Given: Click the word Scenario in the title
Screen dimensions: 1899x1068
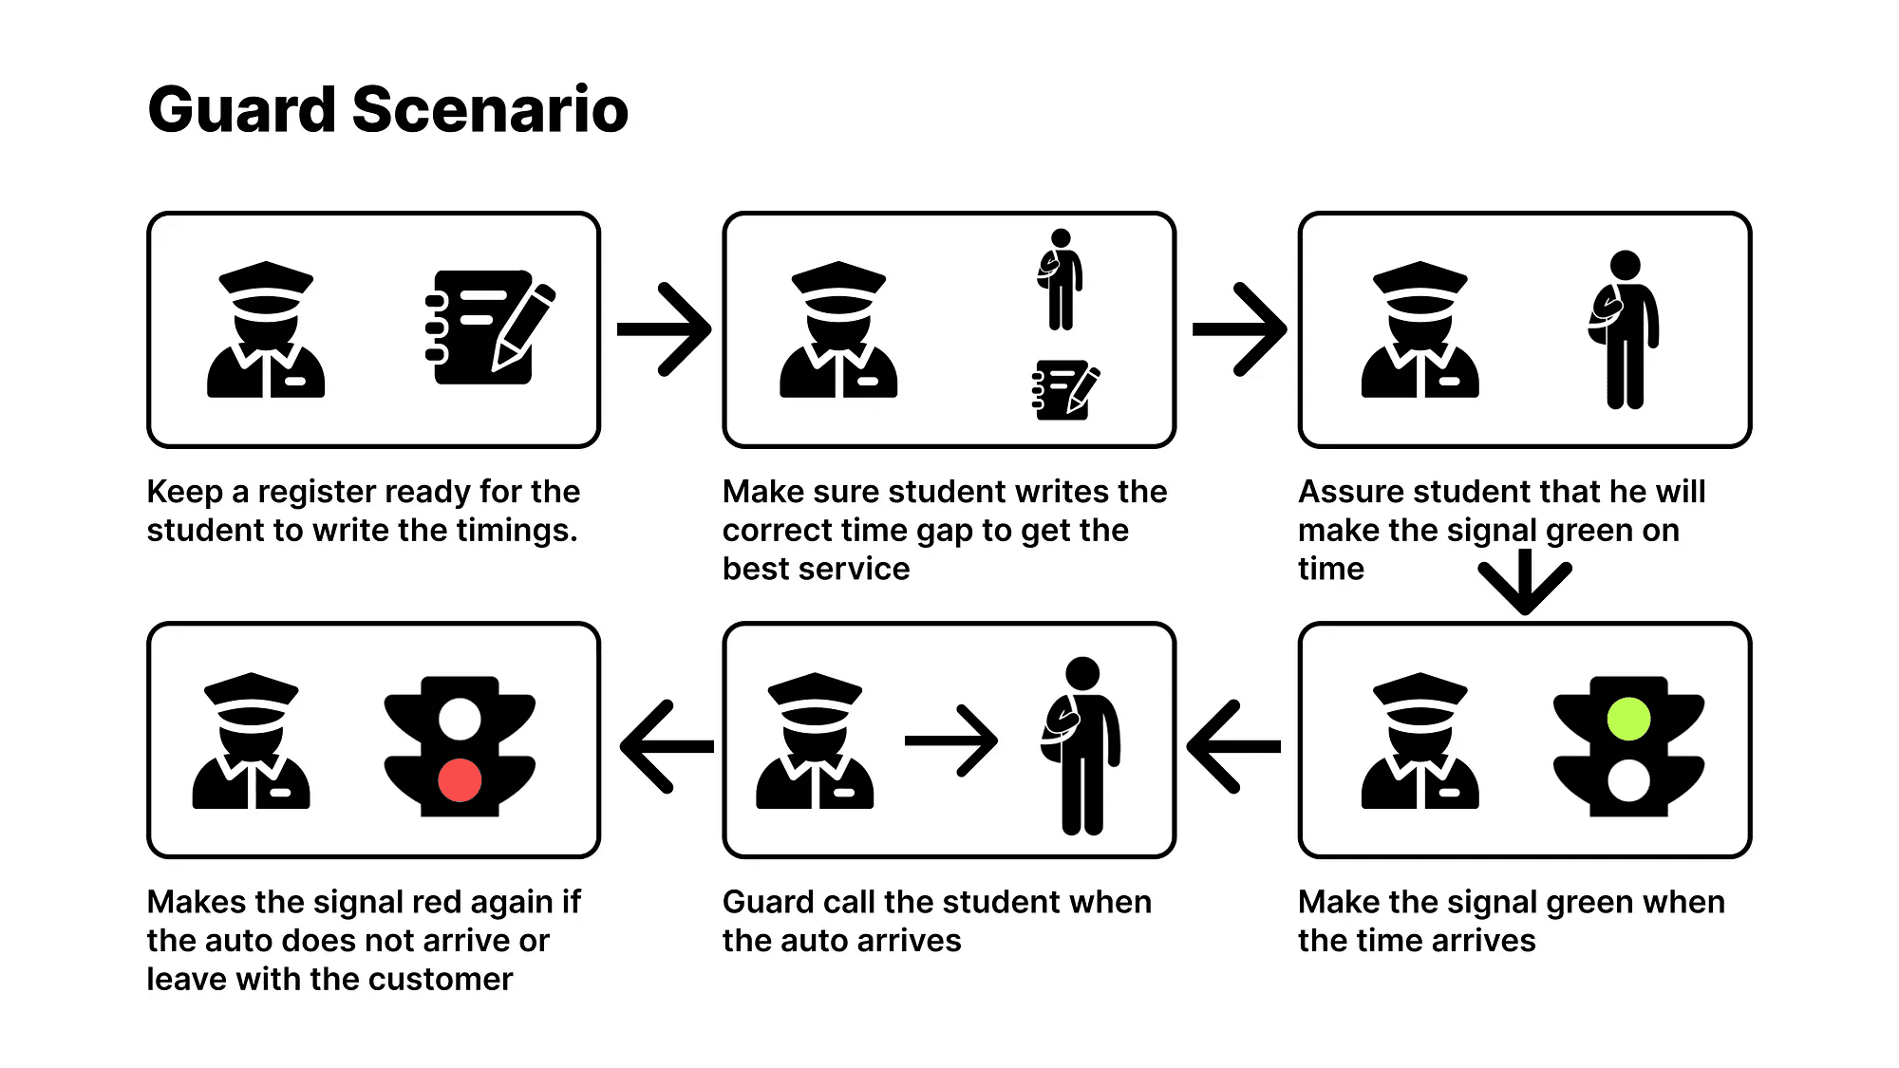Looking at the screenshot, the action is coord(490,109).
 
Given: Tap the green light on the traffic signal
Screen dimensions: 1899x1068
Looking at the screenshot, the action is coord(1628,719).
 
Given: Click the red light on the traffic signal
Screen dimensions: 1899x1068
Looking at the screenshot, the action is coord(460,780).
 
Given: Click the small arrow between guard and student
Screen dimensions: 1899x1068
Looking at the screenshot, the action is coord(950,740).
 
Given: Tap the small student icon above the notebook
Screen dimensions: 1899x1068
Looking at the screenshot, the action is coord(1061,279).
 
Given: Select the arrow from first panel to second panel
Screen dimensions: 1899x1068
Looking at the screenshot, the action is coord(664,328).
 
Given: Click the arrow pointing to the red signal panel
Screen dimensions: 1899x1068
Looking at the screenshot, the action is coord(666,746).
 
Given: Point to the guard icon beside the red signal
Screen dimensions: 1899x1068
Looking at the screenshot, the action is coord(251,741).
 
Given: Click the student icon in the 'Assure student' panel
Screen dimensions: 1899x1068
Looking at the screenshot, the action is coord(1624,329).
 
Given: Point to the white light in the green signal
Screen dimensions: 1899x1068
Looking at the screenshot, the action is coord(1628,780).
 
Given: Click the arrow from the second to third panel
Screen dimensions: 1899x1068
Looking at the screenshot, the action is coord(1239,328).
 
